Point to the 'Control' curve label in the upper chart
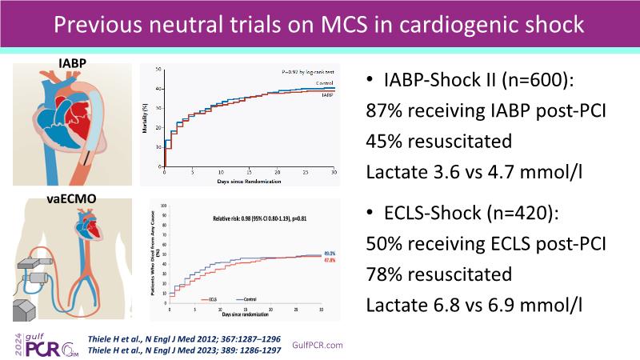pyautogui.click(x=324, y=84)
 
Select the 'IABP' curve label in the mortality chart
pyautogui.click(x=327, y=95)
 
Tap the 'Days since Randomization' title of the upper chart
pyautogui.click(x=250, y=182)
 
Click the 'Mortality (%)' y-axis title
pyautogui.click(x=145, y=120)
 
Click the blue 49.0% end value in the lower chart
pyautogui.click(x=329, y=253)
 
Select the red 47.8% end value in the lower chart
pyautogui.click(x=329, y=260)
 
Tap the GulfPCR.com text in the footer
pyautogui.click(x=318, y=345)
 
